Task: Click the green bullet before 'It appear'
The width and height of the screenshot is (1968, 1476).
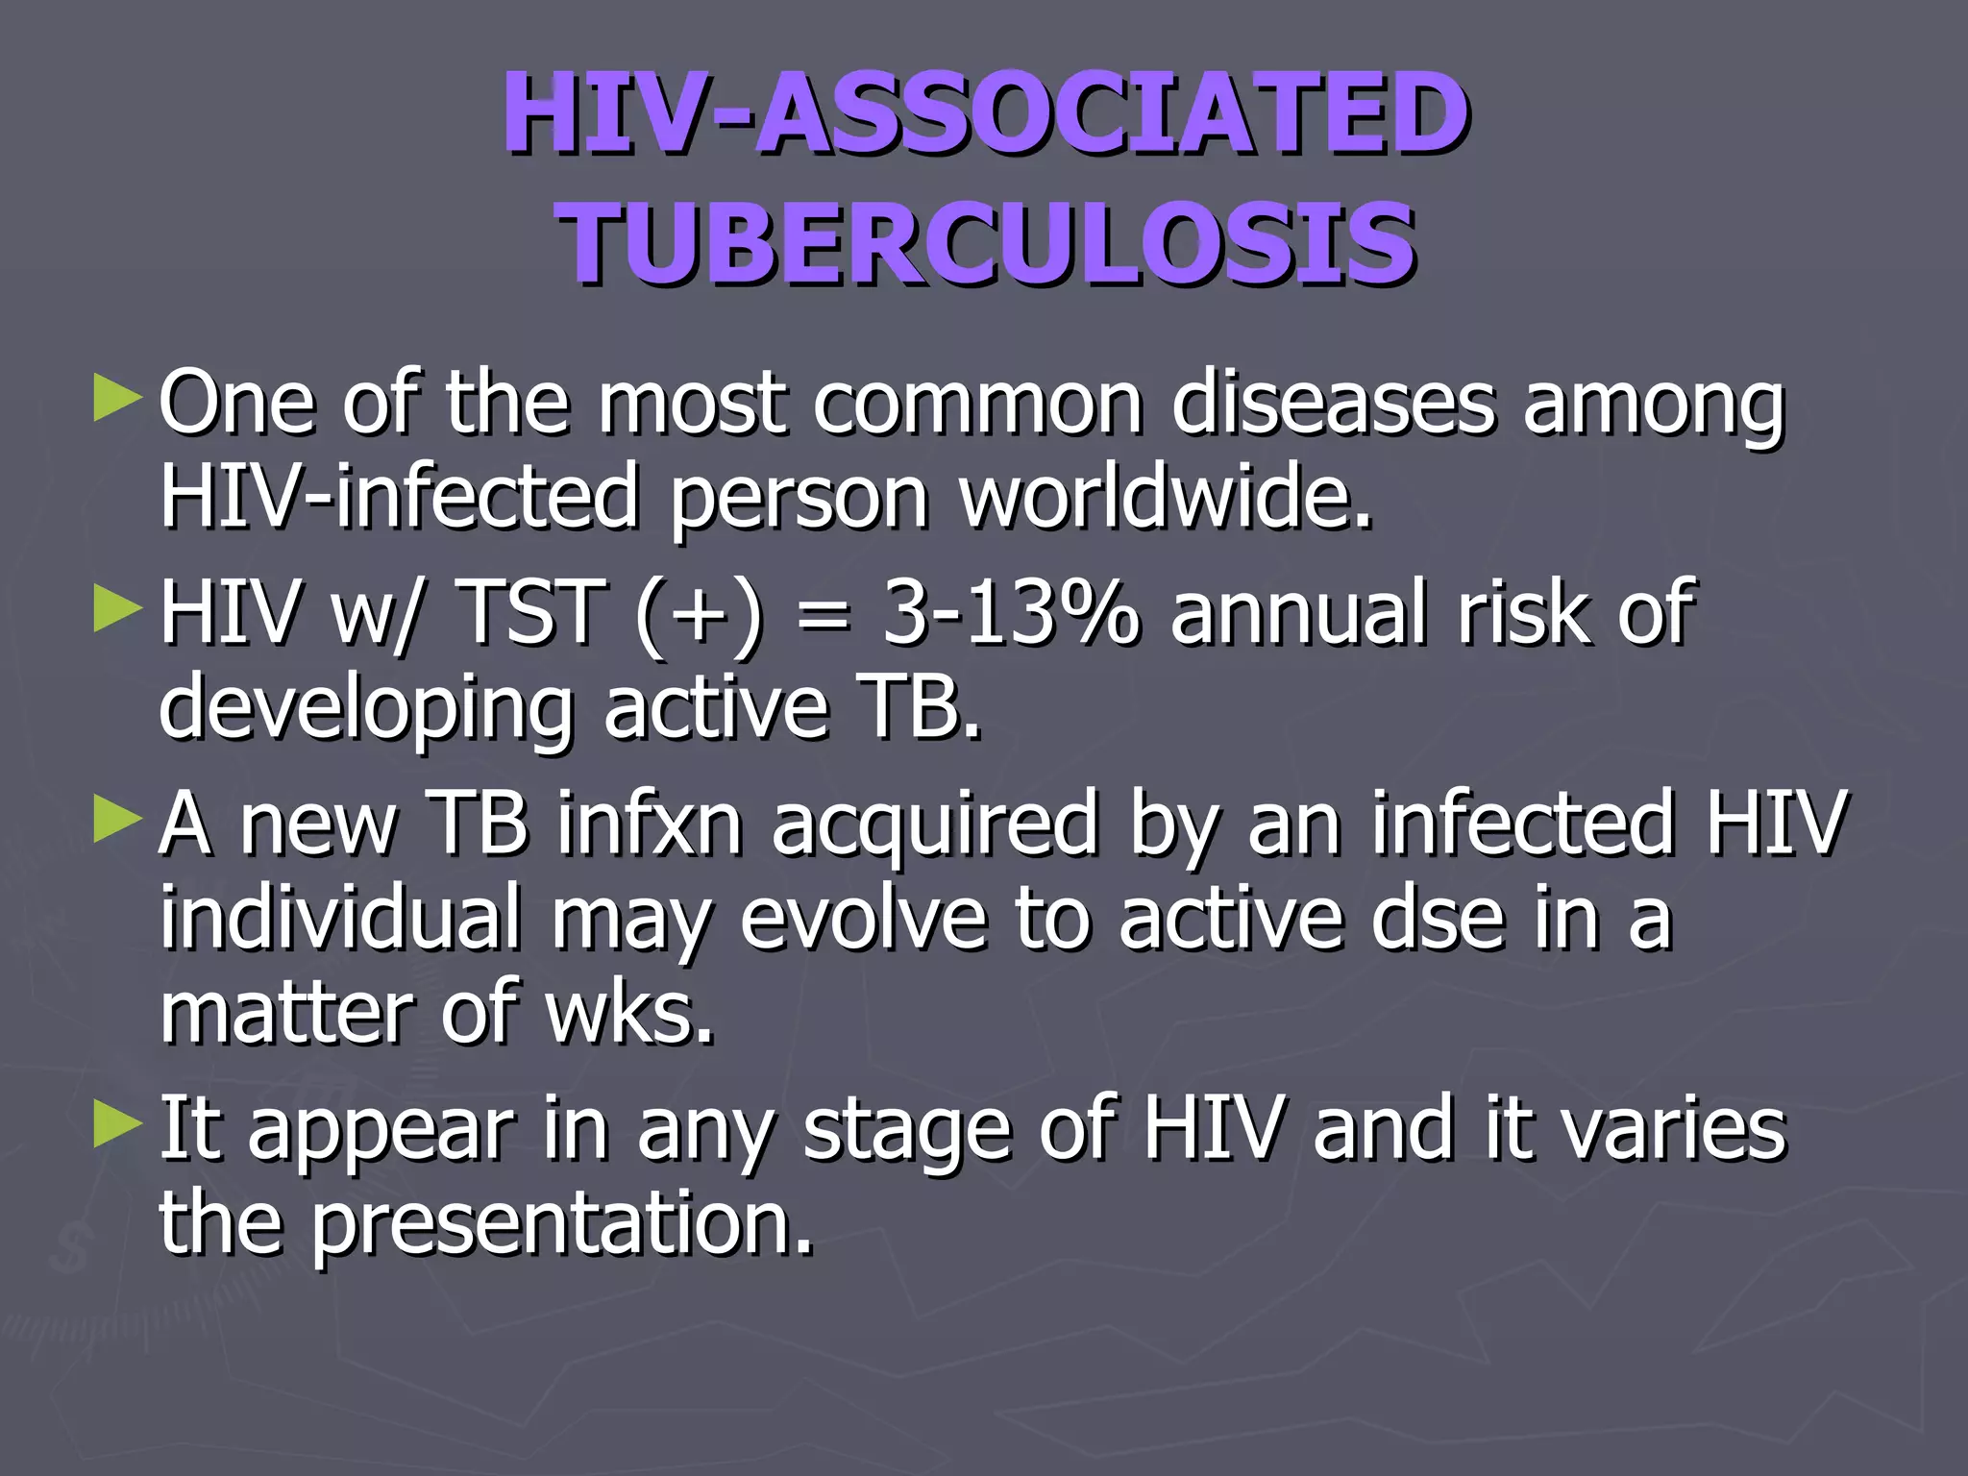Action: tap(117, 1126)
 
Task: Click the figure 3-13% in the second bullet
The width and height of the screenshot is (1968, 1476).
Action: tap(1010, 612)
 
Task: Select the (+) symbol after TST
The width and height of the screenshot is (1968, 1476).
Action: tap(700, 615)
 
